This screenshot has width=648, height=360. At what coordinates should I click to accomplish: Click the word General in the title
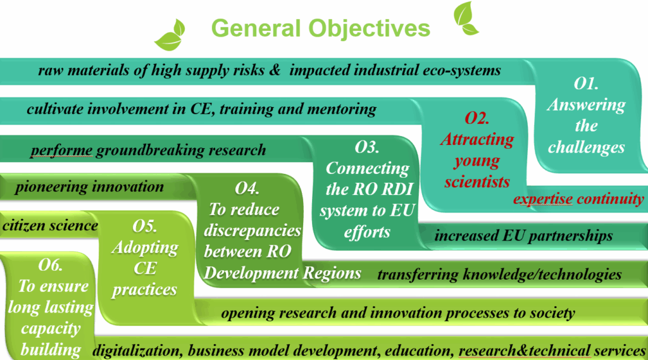(x=256, y=28)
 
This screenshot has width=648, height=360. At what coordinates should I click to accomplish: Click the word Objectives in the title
(x=370, y=28)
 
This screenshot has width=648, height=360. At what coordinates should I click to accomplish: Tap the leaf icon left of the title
(x=170, y=35)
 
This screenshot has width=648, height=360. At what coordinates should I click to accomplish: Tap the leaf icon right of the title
(x=465, y=18)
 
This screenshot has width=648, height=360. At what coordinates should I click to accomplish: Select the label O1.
(x=585, y=84)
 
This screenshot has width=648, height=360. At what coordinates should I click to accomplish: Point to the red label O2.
(x=477, y=118)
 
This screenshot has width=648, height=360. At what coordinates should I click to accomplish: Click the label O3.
(x=366, y=147)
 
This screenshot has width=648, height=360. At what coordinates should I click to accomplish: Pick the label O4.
(x=247, y=189)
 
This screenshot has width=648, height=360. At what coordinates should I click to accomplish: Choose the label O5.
(x=144, y=226)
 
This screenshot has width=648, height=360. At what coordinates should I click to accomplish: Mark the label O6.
(x=50, y=265)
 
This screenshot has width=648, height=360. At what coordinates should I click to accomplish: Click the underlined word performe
(x=61, y=151)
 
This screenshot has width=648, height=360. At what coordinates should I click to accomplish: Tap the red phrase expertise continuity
(x=578, y=199)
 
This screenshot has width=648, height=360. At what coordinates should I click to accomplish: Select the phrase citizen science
(x=50, y=225)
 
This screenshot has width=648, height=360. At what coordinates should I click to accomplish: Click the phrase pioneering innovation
(x=89, y=187)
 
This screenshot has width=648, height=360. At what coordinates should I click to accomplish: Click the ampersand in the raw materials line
(x=275, y=70)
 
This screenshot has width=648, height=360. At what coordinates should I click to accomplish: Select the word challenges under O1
(x=586, y=147)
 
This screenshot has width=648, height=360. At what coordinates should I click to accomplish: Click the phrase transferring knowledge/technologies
(x=499, y=275)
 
